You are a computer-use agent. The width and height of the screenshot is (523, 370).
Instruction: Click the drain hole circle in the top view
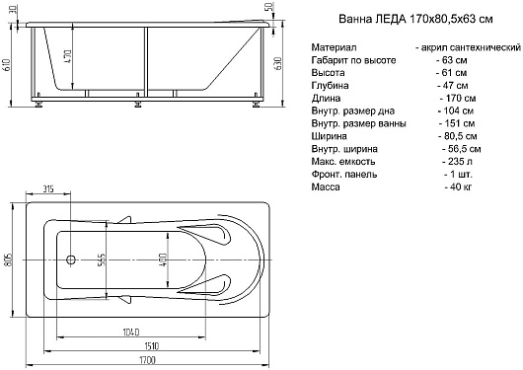tap(71, 259)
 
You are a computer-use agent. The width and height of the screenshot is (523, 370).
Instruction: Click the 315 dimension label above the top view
tap(48, 189)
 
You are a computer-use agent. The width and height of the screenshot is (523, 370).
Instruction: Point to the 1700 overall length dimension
tap(148, 360)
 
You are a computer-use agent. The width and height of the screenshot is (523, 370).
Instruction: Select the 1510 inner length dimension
tap(151, 346)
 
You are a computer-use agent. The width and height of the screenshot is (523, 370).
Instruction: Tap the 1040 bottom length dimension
tap(131, 333)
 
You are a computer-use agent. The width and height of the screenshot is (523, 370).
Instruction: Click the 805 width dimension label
tap(9, 259)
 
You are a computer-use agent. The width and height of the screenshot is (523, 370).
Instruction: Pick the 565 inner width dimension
tap(102, 260)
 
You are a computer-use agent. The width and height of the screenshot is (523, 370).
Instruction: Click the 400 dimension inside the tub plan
tap(164, 260)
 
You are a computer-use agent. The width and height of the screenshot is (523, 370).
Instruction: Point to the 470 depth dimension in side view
tap(68, 56)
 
